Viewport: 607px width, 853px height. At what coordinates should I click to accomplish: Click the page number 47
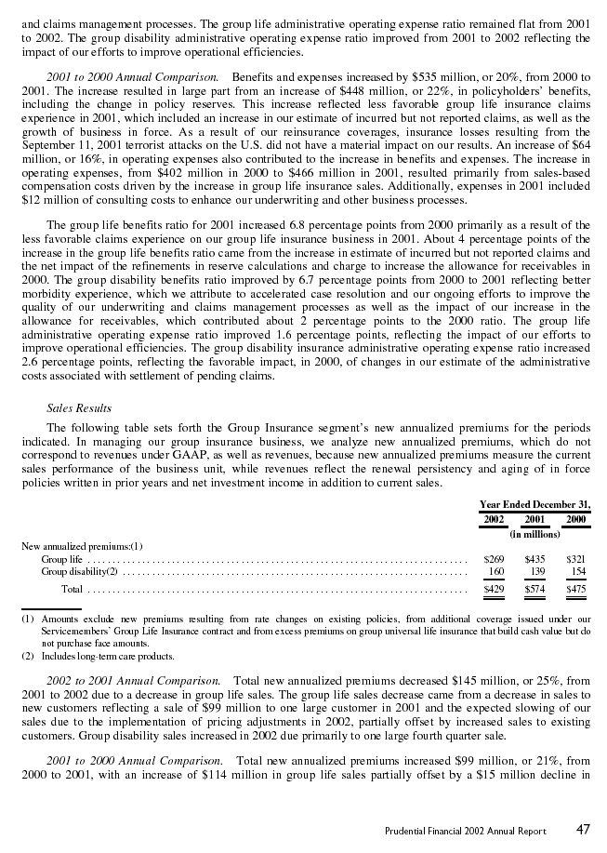click(582, 829)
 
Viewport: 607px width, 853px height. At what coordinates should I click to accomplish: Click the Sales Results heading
click(79, 407)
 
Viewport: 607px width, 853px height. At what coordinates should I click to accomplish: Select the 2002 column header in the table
click(495, 519)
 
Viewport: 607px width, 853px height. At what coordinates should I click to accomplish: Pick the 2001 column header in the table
click(534, 519)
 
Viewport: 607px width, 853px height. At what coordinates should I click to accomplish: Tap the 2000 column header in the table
click(575, 519)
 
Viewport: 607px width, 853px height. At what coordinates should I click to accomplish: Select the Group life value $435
click(534, 559)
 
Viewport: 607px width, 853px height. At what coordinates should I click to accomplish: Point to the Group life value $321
click(575, 559)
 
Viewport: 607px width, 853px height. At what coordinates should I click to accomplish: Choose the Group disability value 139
click(536, 571)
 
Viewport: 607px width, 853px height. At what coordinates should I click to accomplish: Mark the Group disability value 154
click(577, 571)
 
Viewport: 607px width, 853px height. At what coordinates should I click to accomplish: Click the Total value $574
click(534, 589)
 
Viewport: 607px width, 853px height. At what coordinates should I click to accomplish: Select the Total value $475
click(575, 589)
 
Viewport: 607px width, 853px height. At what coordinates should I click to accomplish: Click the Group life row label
click(60, 559)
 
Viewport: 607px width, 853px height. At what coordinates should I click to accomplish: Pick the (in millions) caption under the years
click(534, 534)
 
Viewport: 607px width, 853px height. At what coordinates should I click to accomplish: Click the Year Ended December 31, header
click(534, 504)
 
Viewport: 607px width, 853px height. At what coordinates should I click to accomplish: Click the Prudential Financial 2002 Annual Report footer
click(465, 831)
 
